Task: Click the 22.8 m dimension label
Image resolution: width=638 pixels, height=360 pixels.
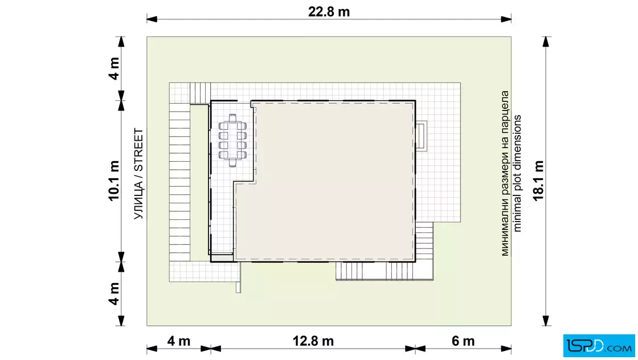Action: pos(329,12)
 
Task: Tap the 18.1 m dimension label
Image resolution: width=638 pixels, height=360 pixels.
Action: pos(538,181)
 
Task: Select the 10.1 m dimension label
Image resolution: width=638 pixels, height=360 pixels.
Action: pos(114,181)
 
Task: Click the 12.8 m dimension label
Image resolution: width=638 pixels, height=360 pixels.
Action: pos(313,341)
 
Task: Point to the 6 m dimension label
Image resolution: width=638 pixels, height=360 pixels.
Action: pos(463,341)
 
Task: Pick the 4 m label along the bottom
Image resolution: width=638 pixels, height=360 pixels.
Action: pos(179,341)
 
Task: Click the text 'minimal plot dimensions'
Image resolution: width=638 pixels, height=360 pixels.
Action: pos(517,173)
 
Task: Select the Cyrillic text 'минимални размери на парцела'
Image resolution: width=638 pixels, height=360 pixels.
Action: pos(505,173)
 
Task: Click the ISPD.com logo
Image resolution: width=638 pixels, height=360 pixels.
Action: pos(599,345)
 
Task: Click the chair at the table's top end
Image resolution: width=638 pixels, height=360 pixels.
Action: pos(232,117)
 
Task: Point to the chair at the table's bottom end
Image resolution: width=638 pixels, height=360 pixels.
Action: pos(232,163)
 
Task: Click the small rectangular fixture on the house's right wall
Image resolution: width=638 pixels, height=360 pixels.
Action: pos(421,136)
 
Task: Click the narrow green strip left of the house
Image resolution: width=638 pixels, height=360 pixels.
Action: pos(200,183)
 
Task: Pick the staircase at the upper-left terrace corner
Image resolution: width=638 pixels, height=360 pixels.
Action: pos(200,93)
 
